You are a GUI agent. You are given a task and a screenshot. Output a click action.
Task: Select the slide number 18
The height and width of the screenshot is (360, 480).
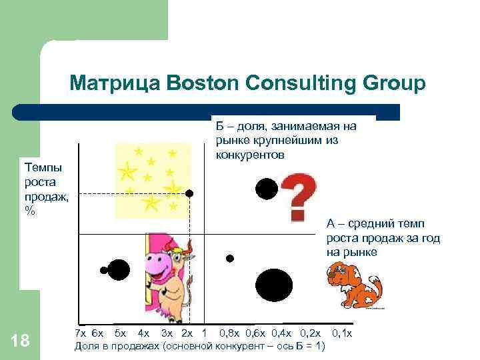click(x=21, y=341)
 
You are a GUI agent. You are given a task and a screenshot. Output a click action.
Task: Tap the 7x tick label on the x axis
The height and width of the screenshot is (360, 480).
click(x=80, y=333)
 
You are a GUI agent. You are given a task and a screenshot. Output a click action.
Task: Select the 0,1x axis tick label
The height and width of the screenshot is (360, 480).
click(x=341, y=333)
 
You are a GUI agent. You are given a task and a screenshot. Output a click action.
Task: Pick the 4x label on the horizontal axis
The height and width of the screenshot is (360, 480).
click(x=143, y=333)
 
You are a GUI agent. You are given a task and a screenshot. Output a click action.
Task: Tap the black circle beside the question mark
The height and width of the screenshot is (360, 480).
click(x=267, y=189)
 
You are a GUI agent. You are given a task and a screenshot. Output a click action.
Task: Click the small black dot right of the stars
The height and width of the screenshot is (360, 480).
click(x=189, y=193)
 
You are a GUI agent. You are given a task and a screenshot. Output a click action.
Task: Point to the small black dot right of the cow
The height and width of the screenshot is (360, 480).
click(x=230, y=257)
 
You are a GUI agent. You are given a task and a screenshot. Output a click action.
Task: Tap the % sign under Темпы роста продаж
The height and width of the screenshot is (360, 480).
click(x=29, y=209)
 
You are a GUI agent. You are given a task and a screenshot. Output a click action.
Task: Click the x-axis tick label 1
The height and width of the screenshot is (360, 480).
click(x=203, y=333)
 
